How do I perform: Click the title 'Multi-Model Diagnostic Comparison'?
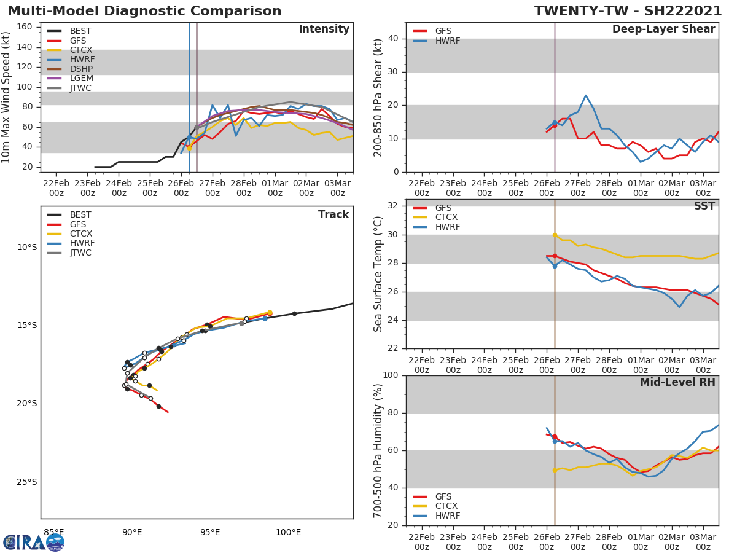pos(144,11)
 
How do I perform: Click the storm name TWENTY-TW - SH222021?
pos(628,11)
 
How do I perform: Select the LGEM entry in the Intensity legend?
pos(80,79)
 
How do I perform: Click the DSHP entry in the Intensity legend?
pos(80,69)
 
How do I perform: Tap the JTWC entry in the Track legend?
pos(80,253)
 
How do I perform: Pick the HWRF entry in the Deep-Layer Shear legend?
pos(447,41)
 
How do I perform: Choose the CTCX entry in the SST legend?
pos(447,218)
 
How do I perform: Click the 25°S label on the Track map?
pos(27,482)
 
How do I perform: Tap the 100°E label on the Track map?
pos(288,532)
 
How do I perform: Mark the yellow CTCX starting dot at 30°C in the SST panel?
pos(555,235)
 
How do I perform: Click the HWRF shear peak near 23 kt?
pos(586,95)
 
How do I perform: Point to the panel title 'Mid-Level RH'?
pos(677,383)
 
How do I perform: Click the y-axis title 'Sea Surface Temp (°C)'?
pos(378,273)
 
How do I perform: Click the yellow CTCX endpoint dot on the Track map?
pos(270,313)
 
